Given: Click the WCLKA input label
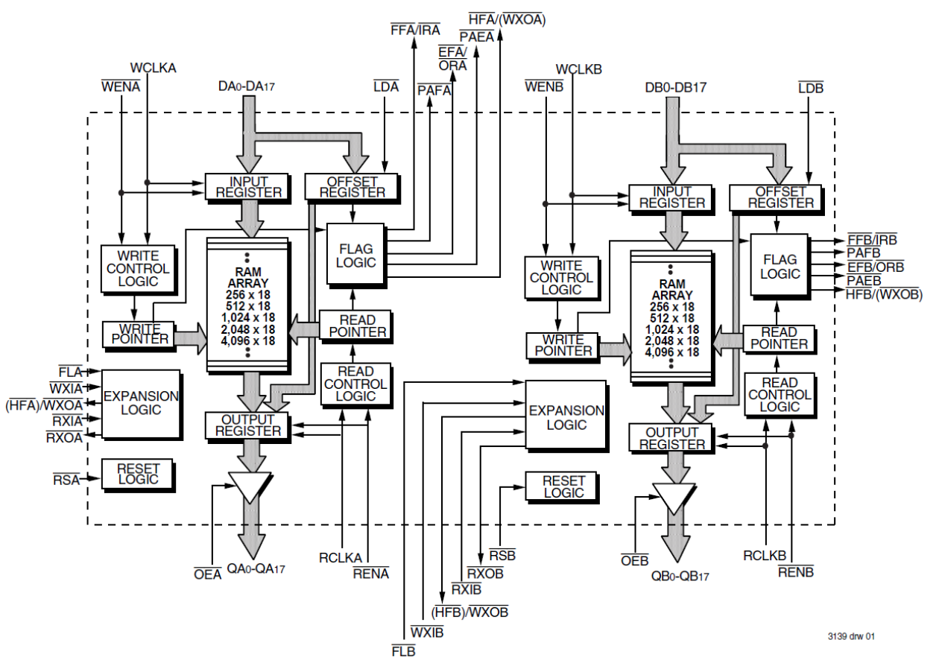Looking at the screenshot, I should (x=153, y=67).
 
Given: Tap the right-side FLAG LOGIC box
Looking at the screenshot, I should (x=780, y=267).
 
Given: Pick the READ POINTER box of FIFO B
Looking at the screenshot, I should (x=779, y=338).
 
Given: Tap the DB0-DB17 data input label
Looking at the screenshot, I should (x=675, y=88).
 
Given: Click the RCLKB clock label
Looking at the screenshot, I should (x=765, y=556).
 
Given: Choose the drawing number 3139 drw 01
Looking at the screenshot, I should (x=850, y=637).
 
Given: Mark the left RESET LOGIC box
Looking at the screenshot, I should (x=137, y=473).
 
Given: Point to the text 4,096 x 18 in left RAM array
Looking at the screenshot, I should (x=247, y=340).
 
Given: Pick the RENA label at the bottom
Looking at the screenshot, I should (x=371, y=574).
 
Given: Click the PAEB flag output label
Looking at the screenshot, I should (x=864, y=281).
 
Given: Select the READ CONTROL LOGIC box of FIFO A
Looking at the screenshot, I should (x=355, y=384).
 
